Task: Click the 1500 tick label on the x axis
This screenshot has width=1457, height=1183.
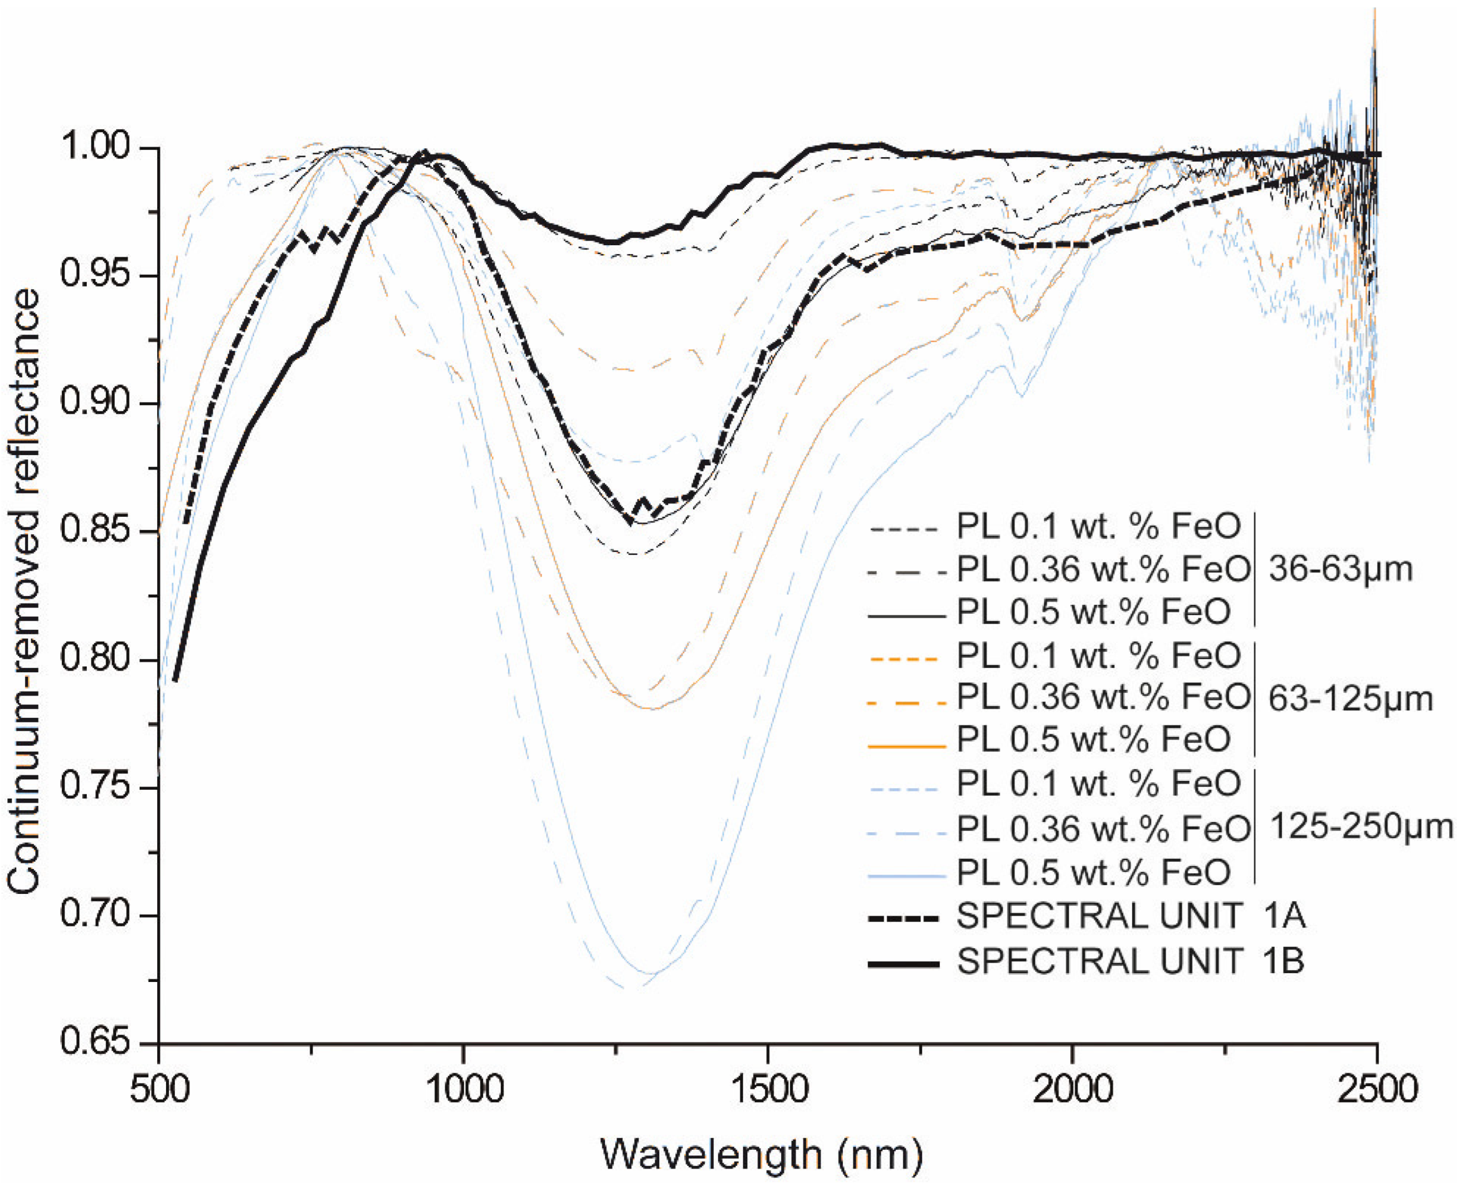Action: point(768,1089)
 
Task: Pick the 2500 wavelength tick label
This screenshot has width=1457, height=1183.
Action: point(1377,1089)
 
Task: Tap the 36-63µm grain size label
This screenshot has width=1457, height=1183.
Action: point(1340,569)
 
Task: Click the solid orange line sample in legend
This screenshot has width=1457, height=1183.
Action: point(906,747)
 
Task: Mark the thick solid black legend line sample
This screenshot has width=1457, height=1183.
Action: point(904,963)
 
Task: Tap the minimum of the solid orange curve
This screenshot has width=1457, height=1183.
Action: point(652,709)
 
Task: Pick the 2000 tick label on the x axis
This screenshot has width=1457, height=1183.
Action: point(1072,1089)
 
